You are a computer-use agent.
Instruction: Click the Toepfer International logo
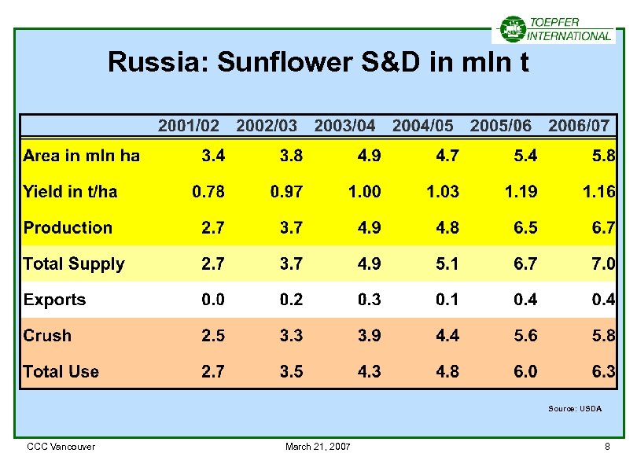554,30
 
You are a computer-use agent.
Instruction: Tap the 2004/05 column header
422,126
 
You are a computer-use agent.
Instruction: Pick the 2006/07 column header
578,126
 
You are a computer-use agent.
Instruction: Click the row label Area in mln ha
82,156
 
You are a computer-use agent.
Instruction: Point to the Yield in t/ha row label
71,191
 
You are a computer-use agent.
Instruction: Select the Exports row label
55,300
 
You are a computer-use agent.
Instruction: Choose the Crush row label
48,336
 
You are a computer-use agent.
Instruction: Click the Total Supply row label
74,263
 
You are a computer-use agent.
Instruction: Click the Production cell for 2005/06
525,227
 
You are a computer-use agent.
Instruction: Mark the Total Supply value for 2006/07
603,263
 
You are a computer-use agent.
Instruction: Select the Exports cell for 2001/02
212,300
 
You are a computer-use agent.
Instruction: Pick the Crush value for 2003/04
369,336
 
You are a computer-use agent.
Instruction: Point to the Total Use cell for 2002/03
291,371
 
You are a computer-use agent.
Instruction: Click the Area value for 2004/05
447,156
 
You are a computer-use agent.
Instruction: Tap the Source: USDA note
575,409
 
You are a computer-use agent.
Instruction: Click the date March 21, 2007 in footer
318,447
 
